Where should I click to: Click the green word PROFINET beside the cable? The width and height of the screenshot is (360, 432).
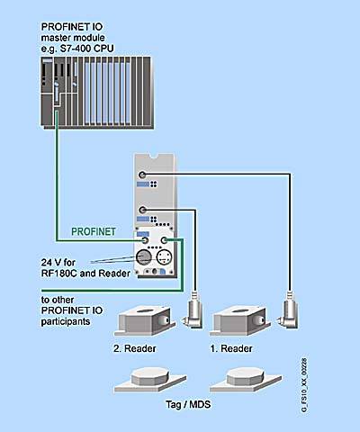tap(94, 231)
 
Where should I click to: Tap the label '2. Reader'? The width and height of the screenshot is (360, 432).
tap(135, 348)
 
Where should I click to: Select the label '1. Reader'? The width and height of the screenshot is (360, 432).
tap(231, 348)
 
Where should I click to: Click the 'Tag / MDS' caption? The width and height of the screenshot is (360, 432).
tap(188, 404)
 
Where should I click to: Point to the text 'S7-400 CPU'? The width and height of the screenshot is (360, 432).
tap(87, 49)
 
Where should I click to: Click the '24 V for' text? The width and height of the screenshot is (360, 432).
tap(58, 262)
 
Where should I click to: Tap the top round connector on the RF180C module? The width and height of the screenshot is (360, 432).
tap(142, 175)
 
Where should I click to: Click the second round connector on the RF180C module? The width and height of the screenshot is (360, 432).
tap(142, 210)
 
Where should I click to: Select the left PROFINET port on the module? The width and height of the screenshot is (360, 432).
tap(145, 240)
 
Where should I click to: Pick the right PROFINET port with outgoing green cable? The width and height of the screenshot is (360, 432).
tap(164, 240)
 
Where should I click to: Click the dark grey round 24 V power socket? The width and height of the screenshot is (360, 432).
tap(144, 257)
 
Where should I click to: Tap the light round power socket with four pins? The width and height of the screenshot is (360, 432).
tap(164, 257)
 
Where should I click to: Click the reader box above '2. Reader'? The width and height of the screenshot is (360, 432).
tap(145, 320)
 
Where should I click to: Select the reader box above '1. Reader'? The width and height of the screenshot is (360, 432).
tap(240, 320)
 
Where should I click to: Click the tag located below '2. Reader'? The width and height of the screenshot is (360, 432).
tap(150, 380)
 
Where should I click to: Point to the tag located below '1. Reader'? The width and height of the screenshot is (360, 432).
tap(246, 380)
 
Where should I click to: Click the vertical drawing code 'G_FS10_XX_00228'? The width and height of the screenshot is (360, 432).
tap(304, 385)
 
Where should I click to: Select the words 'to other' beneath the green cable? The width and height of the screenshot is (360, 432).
tap(58, 300)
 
